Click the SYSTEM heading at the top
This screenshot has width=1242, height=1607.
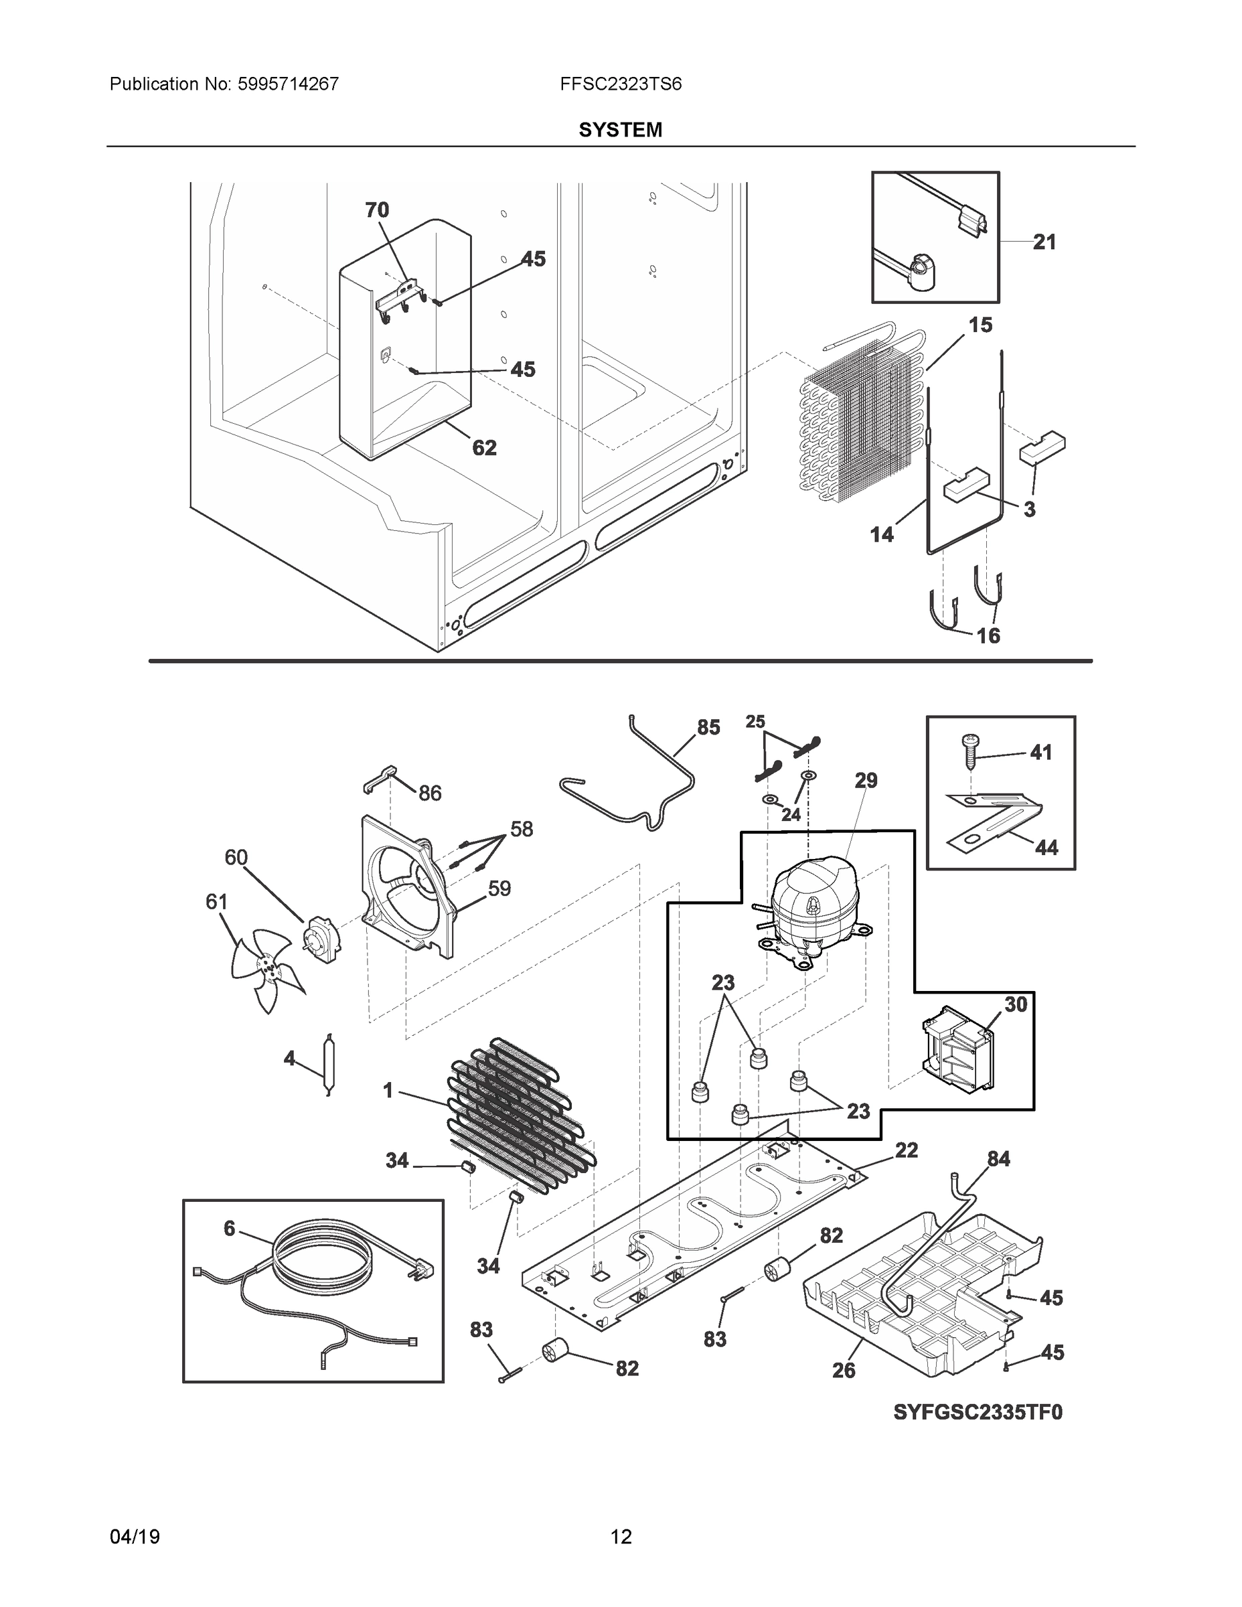click(x=620, y=131)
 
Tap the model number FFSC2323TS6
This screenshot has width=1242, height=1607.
click(x=620, y=84)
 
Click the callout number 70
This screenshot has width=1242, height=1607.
click(x=377, y=210)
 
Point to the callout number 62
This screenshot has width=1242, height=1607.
click(x=484, y=447)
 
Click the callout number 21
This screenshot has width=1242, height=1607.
click(x=1044, y=242)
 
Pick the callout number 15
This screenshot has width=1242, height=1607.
click(x=980, y=325)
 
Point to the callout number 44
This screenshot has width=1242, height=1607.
click(x=1046, y=848)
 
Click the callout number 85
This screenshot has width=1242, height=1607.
click(x=708, y=728)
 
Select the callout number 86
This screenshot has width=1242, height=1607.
click(x=431, y=793)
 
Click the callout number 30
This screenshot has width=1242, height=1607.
click(x=1016, y=1004)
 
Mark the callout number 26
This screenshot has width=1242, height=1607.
click(x=843, y=1370)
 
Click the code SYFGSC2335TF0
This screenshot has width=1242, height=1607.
click(x=978, y=1412)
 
